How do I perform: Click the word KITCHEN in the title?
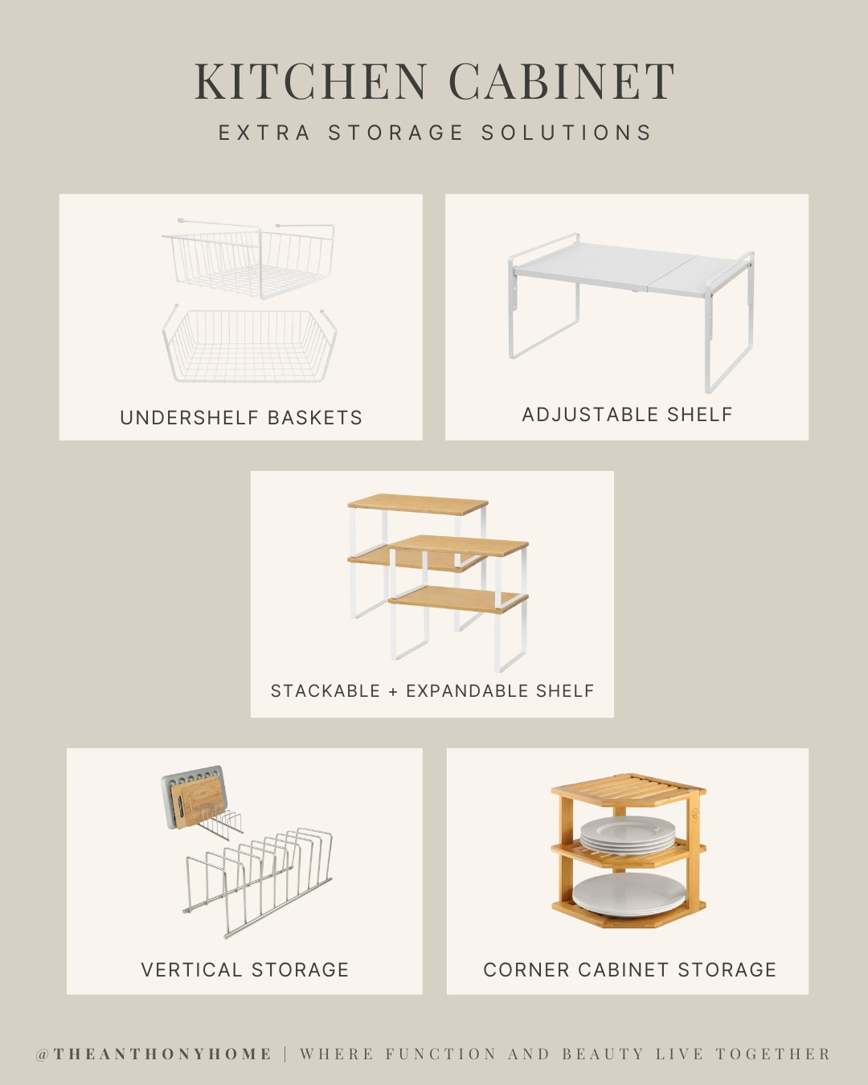point(311,82)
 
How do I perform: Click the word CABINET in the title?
point(561,82)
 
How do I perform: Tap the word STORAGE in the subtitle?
point(396,133)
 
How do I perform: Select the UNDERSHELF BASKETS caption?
point(241,418)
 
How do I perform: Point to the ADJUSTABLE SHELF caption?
point(627,415)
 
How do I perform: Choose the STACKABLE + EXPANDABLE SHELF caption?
point(432,691)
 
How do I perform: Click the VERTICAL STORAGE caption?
point(245,970)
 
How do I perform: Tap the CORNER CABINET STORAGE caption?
point(629,970)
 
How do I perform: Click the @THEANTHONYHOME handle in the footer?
point(154,1054)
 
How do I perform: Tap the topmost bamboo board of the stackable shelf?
point(418,504)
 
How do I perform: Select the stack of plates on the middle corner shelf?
point(628,833)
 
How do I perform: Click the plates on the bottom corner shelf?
point(629,895)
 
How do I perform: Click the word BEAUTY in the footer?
point(603,1054)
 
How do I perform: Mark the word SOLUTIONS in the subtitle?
point(567,133)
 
